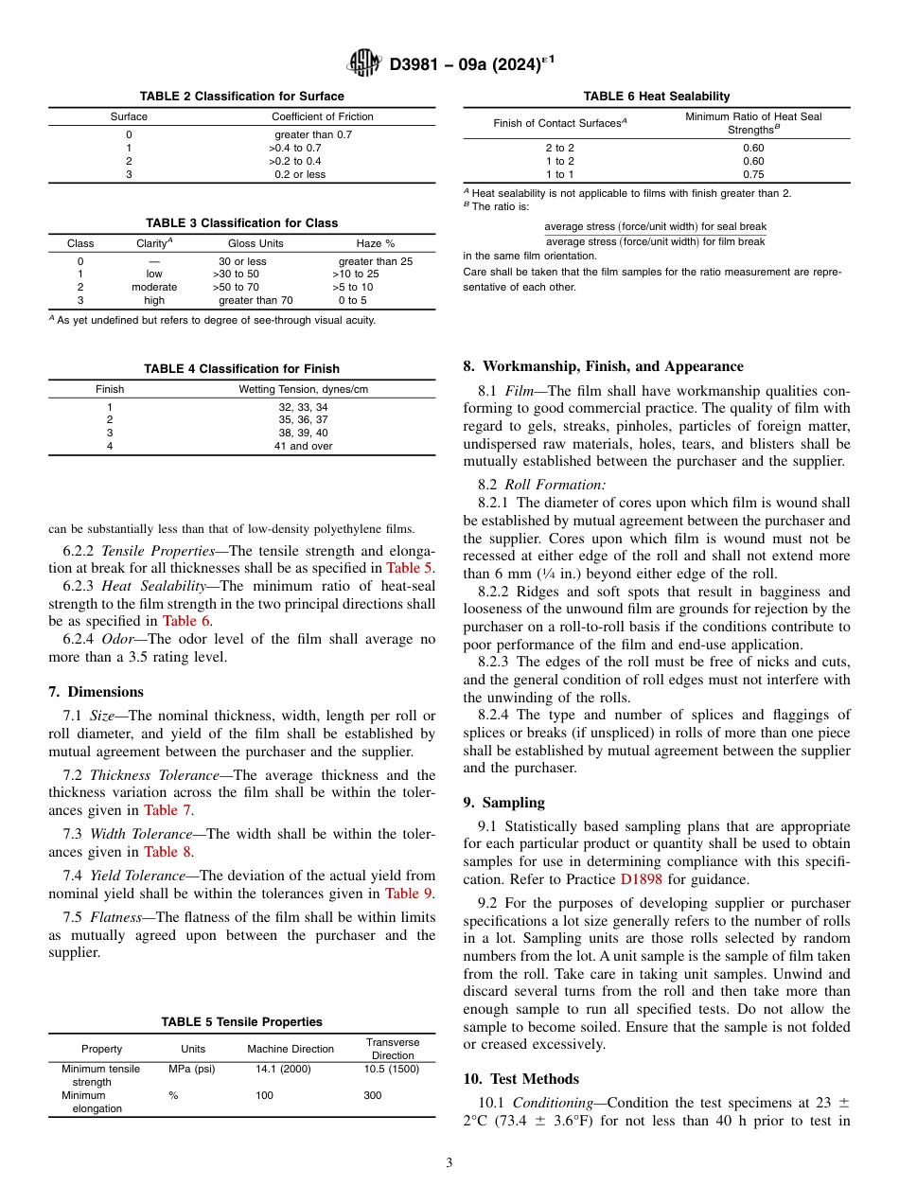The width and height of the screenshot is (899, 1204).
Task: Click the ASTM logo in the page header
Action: pos(363,63)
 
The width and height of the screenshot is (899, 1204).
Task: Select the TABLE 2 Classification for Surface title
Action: pos(241,97)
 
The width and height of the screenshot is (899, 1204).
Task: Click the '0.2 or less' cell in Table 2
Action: pos(299,174)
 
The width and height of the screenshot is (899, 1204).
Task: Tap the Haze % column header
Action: pos(376,243)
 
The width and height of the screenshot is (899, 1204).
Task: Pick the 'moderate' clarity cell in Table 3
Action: pos(154,287)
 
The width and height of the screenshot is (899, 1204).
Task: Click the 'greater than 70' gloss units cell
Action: pos(256,300)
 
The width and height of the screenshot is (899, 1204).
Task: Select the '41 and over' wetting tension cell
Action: pos(303,446)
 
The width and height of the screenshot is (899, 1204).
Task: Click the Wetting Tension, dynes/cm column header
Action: pos(303,389)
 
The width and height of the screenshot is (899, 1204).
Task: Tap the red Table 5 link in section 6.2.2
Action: pos(409,568)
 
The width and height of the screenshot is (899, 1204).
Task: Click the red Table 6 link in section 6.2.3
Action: pos(185,621)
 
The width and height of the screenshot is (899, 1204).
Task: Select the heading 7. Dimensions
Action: pos(97,692)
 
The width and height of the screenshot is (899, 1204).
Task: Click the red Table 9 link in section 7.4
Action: pos(409,894)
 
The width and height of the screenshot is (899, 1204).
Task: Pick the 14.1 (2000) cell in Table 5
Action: pos(283,1069)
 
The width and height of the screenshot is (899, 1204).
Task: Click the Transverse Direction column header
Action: pos(392,1049)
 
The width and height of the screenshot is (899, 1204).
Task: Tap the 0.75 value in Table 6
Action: pos(753,174)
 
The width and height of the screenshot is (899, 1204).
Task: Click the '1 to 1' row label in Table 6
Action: pos(559,174)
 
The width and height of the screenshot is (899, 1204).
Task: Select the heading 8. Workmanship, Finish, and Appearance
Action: pos(603,366)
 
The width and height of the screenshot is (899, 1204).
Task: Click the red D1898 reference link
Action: pos(641,879)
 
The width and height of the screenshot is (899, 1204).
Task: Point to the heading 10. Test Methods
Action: pos(520,1078)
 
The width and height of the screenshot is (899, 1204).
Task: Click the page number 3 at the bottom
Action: pos(449,1163)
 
